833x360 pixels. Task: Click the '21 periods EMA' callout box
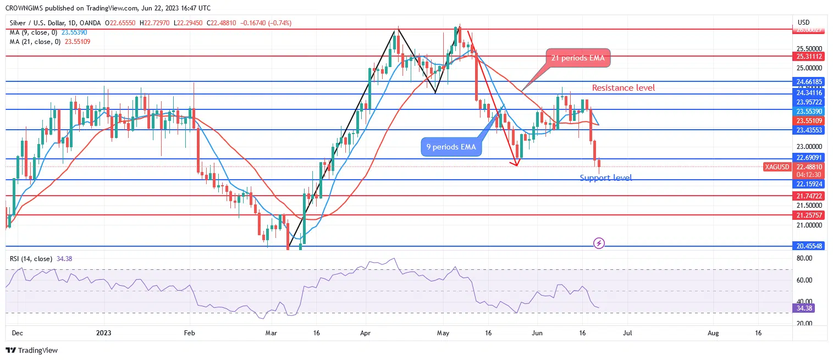click(577, 58)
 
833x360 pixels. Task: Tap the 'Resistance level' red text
click(623, 88)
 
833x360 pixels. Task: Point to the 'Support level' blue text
click(605, 178)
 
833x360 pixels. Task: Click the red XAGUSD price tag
click(777, 167)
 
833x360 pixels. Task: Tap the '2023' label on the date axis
click(103, 333)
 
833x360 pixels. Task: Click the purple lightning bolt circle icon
click(599, 242)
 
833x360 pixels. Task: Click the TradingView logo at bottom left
click(32, 350)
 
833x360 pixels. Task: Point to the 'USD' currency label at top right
click(803, 23)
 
